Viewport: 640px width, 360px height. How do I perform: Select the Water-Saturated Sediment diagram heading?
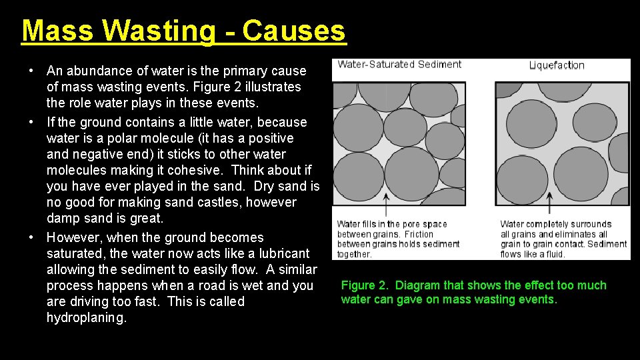[399, 65]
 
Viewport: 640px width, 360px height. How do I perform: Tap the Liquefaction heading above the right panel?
[557, 65]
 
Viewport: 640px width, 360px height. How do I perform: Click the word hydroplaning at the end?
[86, 318]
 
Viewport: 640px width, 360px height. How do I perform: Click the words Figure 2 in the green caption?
[364, 285]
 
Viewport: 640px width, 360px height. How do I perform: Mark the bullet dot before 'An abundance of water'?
[31, 71]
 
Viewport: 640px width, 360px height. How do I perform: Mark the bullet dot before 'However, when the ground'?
[31, 237]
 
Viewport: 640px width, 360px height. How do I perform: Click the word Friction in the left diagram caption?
[419, 234]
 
